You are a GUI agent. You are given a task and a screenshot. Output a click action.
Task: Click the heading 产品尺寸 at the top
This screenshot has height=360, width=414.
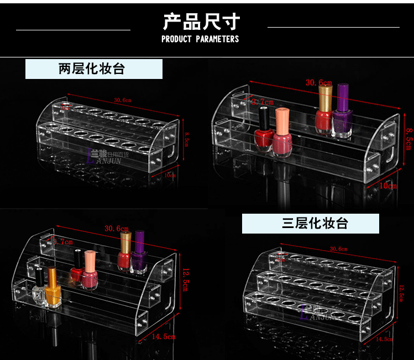point(201,22)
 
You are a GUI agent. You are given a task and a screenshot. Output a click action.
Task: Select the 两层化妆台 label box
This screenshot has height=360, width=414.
point(94,69)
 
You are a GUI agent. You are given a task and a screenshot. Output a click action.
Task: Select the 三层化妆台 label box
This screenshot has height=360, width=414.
point(311,223)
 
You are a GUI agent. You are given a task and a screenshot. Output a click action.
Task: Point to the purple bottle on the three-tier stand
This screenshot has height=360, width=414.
point(138,253)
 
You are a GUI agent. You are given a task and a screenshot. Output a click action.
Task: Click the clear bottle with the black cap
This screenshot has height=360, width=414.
point(39,287)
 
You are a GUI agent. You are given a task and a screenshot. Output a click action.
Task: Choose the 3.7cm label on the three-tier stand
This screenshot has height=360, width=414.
point(61,241)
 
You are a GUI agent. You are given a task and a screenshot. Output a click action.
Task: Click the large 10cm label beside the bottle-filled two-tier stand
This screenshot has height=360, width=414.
point(388,186)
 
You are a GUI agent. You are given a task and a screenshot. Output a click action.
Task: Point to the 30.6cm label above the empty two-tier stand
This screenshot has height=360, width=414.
point(123,100)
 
